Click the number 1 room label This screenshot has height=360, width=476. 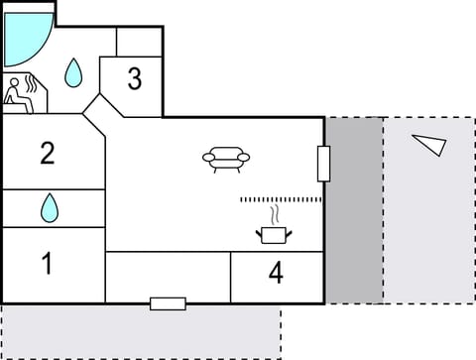click(46, 264)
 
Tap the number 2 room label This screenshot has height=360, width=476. click(47, 153)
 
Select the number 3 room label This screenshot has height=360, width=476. click(135, 78)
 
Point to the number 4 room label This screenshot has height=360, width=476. click(276, 272)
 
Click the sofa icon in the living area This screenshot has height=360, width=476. click(226, 158)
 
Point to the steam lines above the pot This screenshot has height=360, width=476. click(275, 214)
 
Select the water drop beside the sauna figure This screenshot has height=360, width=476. click(73, 71)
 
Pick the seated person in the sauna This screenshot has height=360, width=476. click(17, 94)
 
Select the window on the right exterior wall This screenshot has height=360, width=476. click(323, 163)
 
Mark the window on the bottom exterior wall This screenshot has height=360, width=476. click(168, 302)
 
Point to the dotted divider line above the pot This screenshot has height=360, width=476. click(281, 199)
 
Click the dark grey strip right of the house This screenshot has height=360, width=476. click(354, 209)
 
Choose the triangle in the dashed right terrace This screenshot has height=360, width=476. click(429, 145)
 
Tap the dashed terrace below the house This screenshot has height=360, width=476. click(139, 332)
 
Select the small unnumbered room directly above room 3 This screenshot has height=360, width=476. click(139, 42)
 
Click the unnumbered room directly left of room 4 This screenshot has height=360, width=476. click(168, 276)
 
